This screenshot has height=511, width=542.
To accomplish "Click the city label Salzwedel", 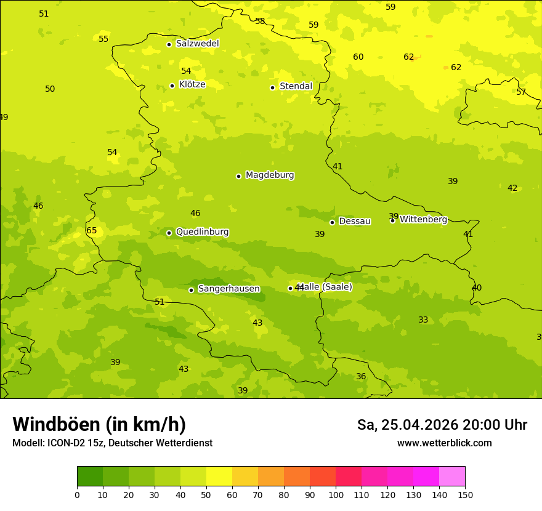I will coord(197,44).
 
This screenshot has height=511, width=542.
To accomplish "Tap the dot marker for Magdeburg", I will coord(238,176).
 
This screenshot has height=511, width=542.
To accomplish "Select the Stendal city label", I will coord(296,86).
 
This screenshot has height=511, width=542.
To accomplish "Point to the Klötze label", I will coord(192,84).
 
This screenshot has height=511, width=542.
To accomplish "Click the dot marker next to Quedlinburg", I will coord(169,233).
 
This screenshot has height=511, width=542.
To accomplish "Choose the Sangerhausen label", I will coord(229,289).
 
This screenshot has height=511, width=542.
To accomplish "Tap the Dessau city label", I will coord(355,221).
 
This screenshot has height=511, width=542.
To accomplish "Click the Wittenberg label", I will coord(423,219).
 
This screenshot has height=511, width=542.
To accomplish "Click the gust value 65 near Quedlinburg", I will coord(92,231).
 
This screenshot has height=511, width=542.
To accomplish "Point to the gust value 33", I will coord(423,320).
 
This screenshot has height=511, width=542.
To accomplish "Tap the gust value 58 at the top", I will coord(260,21).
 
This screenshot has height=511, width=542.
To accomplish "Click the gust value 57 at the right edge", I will coord(521,92).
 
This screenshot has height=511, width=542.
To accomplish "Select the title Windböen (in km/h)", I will coord(99,424).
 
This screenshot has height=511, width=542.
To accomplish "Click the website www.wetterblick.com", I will coord(444,443).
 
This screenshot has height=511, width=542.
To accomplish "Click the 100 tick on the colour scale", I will coord(336,494).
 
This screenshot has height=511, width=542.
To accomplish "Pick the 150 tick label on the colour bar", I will coord(464,494).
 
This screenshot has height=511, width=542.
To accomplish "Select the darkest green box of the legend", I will coord(90,477).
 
